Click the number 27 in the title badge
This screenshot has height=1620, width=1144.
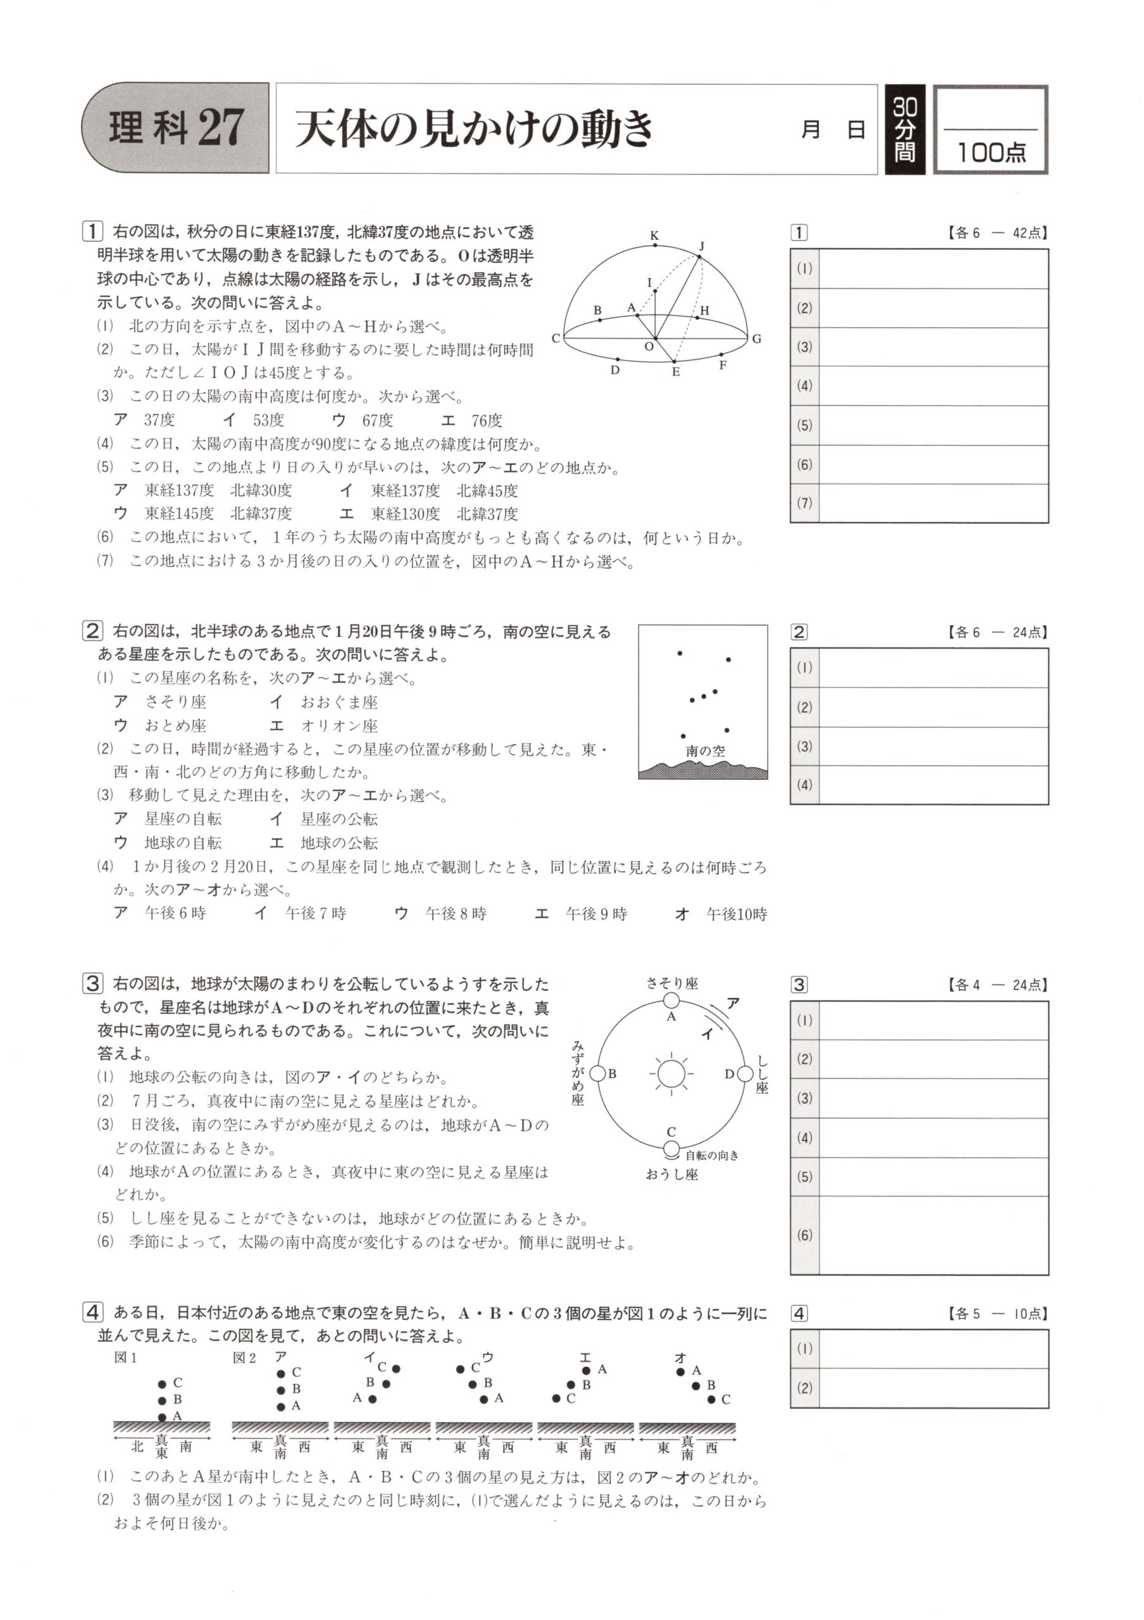(x=221, y=128)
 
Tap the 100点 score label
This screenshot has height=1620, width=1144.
(x=990, y=152)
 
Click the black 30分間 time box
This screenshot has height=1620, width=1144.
(x=904, y=130)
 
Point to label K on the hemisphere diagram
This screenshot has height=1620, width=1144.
(x=654, y=235)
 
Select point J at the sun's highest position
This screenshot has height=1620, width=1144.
(x=700, y=256)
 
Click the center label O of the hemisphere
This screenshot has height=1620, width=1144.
(x=649, y=346)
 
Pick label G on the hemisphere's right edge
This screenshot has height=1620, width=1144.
(x=757, y=339)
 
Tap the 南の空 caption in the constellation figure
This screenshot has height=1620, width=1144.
(x=705, y=751)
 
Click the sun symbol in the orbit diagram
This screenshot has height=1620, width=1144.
(x=671, y=1074)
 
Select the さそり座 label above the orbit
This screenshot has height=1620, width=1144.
(x=671, y=983)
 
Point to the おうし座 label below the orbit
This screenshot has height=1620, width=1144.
(x=671, y=1174)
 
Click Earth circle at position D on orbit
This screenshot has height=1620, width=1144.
(x=745, y=1074)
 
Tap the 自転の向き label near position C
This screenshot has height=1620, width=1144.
(x=712, y=1155)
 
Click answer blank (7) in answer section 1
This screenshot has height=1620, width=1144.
(x=933, y=503)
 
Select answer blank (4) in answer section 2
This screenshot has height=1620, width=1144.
(x=933, y=785)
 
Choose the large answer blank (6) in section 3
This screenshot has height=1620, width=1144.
(x=933, y=1235)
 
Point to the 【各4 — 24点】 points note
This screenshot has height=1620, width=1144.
(x=996, y=985)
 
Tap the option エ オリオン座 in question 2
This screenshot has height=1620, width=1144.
(x=325, y=725)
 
